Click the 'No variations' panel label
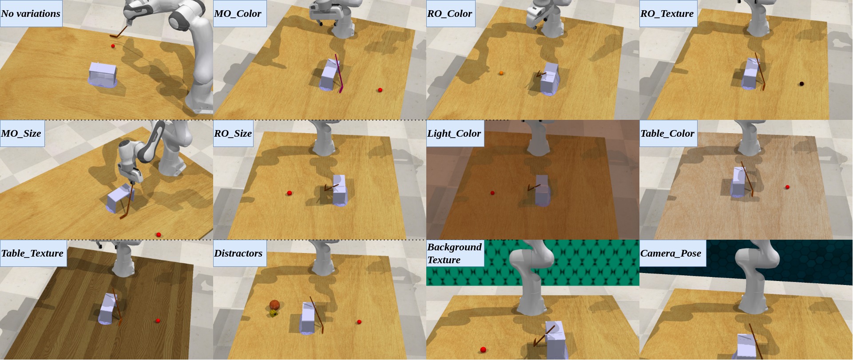click(x=31, y=13)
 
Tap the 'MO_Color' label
click(x=238, y=13)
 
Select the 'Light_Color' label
click(x=454, y=133)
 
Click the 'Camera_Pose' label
click(x=670, y=253)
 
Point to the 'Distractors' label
click(x=238, y=253)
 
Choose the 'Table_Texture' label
click(x=32, y=253)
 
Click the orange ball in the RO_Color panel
click(x=501, y=73)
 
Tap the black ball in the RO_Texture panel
click(x=801, y=83)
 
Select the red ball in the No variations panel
click(x=113, y=46)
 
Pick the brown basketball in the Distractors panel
click(x=274, y=305)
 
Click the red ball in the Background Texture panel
click(x=483, y=350)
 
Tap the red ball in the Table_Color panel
click(x=787, y=187)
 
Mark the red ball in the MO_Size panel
click(x=159, y=234)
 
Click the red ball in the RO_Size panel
click(x=290, y=193)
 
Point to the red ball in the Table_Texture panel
click(x=158, y=320)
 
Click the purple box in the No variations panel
click(x=103, y=75)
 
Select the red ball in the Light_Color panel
click(x=492, y=193)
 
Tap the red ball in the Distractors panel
click(x=359, y=322)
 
